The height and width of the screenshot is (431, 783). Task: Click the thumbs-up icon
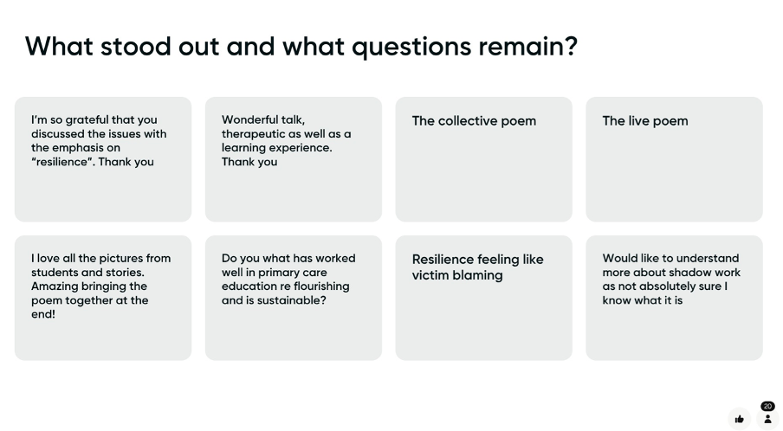pyautogui.click(x=740, y=419)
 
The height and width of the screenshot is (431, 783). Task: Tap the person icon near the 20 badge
pyautogui.click(x=768, y=419)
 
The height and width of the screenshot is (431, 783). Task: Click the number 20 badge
pyautogui.click(x=767, y=406)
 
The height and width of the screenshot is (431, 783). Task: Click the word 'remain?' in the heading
pyautogui.click(x=527, y=47)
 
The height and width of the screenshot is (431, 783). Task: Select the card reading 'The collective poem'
pyautogui.click(x=484, y=159)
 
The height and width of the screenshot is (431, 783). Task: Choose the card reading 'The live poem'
pyautogui.click(x=674, y=159)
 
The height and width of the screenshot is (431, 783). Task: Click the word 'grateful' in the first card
pyautogui.click(x=87, y=120)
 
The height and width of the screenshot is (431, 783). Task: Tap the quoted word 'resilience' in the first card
pyautogui.click(x=61, y=162)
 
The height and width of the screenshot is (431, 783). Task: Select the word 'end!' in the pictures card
pyautogui.click(x=43, y=314)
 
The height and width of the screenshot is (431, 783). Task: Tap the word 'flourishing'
pyautogui.click(x=319, y=286)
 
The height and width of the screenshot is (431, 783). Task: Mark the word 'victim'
pyautogui.click(x=430, y=275)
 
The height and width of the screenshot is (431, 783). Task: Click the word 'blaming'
pyautogui.click(x=477, y=276)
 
